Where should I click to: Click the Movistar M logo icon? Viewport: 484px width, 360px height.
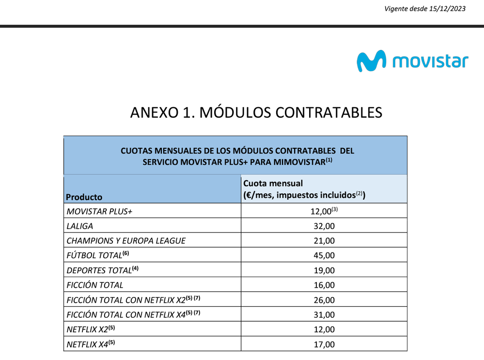[372, 61]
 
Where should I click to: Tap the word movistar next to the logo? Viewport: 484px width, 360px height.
[430, 62]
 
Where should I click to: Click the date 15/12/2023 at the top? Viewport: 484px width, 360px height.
[448, 9]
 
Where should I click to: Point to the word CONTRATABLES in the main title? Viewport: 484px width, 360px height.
[329, 112]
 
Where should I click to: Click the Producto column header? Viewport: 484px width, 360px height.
[84, 197]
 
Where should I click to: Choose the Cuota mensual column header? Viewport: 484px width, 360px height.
[273, 184]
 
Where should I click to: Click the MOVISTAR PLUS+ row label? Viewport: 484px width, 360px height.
[99, 212]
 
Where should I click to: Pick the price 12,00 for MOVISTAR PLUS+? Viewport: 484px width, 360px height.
[321, 212]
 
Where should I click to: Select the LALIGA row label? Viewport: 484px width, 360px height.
[79, 226]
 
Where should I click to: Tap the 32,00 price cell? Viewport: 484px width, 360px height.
[324, 226]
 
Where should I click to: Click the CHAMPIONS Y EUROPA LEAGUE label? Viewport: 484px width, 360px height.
[125, 241]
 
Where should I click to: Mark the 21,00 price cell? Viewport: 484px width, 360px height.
[324, 241]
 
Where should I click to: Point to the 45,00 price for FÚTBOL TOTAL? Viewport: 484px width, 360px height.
[324, 255]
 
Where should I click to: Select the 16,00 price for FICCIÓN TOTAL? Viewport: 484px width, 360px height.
[324, 285]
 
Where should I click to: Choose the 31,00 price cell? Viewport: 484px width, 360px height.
[324, 314]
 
